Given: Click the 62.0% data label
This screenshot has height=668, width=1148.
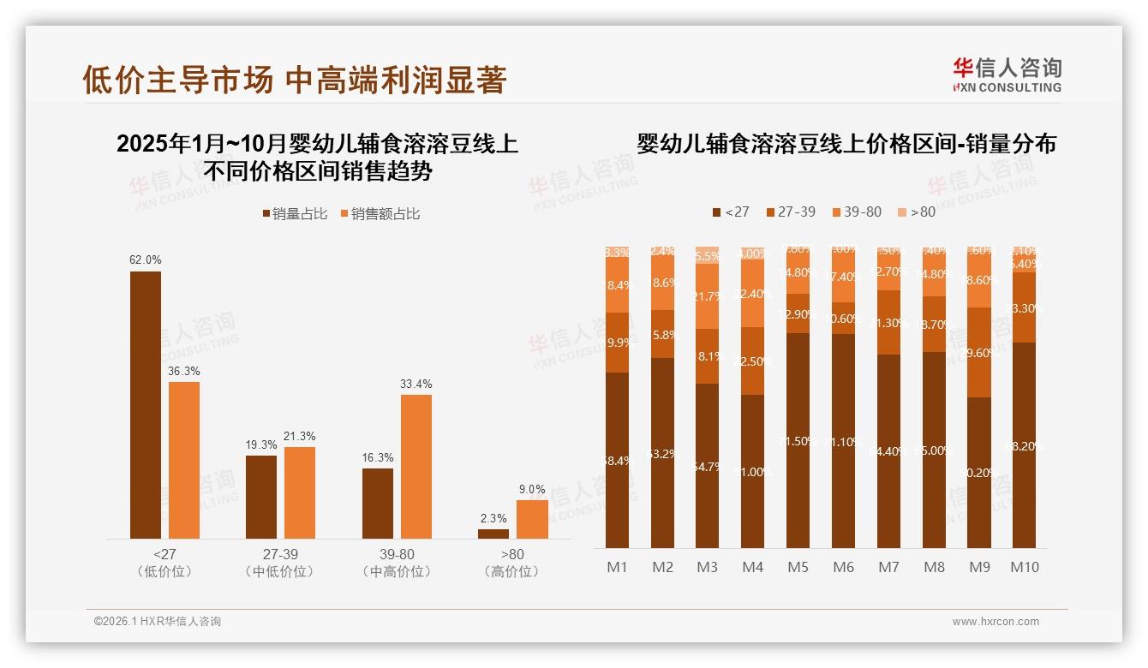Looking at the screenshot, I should click(146, 259).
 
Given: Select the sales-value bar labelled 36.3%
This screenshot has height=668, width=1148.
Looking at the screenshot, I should click(183, 460).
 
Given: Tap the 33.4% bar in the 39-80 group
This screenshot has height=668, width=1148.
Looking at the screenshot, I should click(416, 466).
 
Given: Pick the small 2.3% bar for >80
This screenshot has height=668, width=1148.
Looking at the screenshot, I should click(493, 534).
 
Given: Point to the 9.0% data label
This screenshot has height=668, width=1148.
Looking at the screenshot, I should click(532, 489).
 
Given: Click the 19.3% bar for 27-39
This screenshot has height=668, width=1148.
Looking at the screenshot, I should click(261, 497).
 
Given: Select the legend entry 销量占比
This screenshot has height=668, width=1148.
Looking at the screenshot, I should click(294, 214).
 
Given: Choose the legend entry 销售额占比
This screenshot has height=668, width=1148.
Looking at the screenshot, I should click(380, 214).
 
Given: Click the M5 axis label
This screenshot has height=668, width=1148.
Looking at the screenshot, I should click(798, 567).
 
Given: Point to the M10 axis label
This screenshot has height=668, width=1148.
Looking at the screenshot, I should click(1025, 567).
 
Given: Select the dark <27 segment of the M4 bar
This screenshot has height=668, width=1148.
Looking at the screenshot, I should click(752, 471).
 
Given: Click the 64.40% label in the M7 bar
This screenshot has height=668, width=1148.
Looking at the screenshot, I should click(889, 450).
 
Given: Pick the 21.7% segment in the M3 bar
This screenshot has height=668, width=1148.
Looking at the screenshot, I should click(707, 296).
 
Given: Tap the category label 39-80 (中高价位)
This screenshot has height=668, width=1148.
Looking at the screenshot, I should click(397, 563).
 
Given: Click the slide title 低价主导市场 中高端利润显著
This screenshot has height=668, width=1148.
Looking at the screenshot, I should click(295, 80).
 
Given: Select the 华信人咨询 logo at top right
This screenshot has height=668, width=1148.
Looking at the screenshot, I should click(1007, 74).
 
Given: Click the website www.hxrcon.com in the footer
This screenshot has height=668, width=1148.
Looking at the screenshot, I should click(996, 621).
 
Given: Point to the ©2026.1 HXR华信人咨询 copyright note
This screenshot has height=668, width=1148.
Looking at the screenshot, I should click(158, 621).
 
